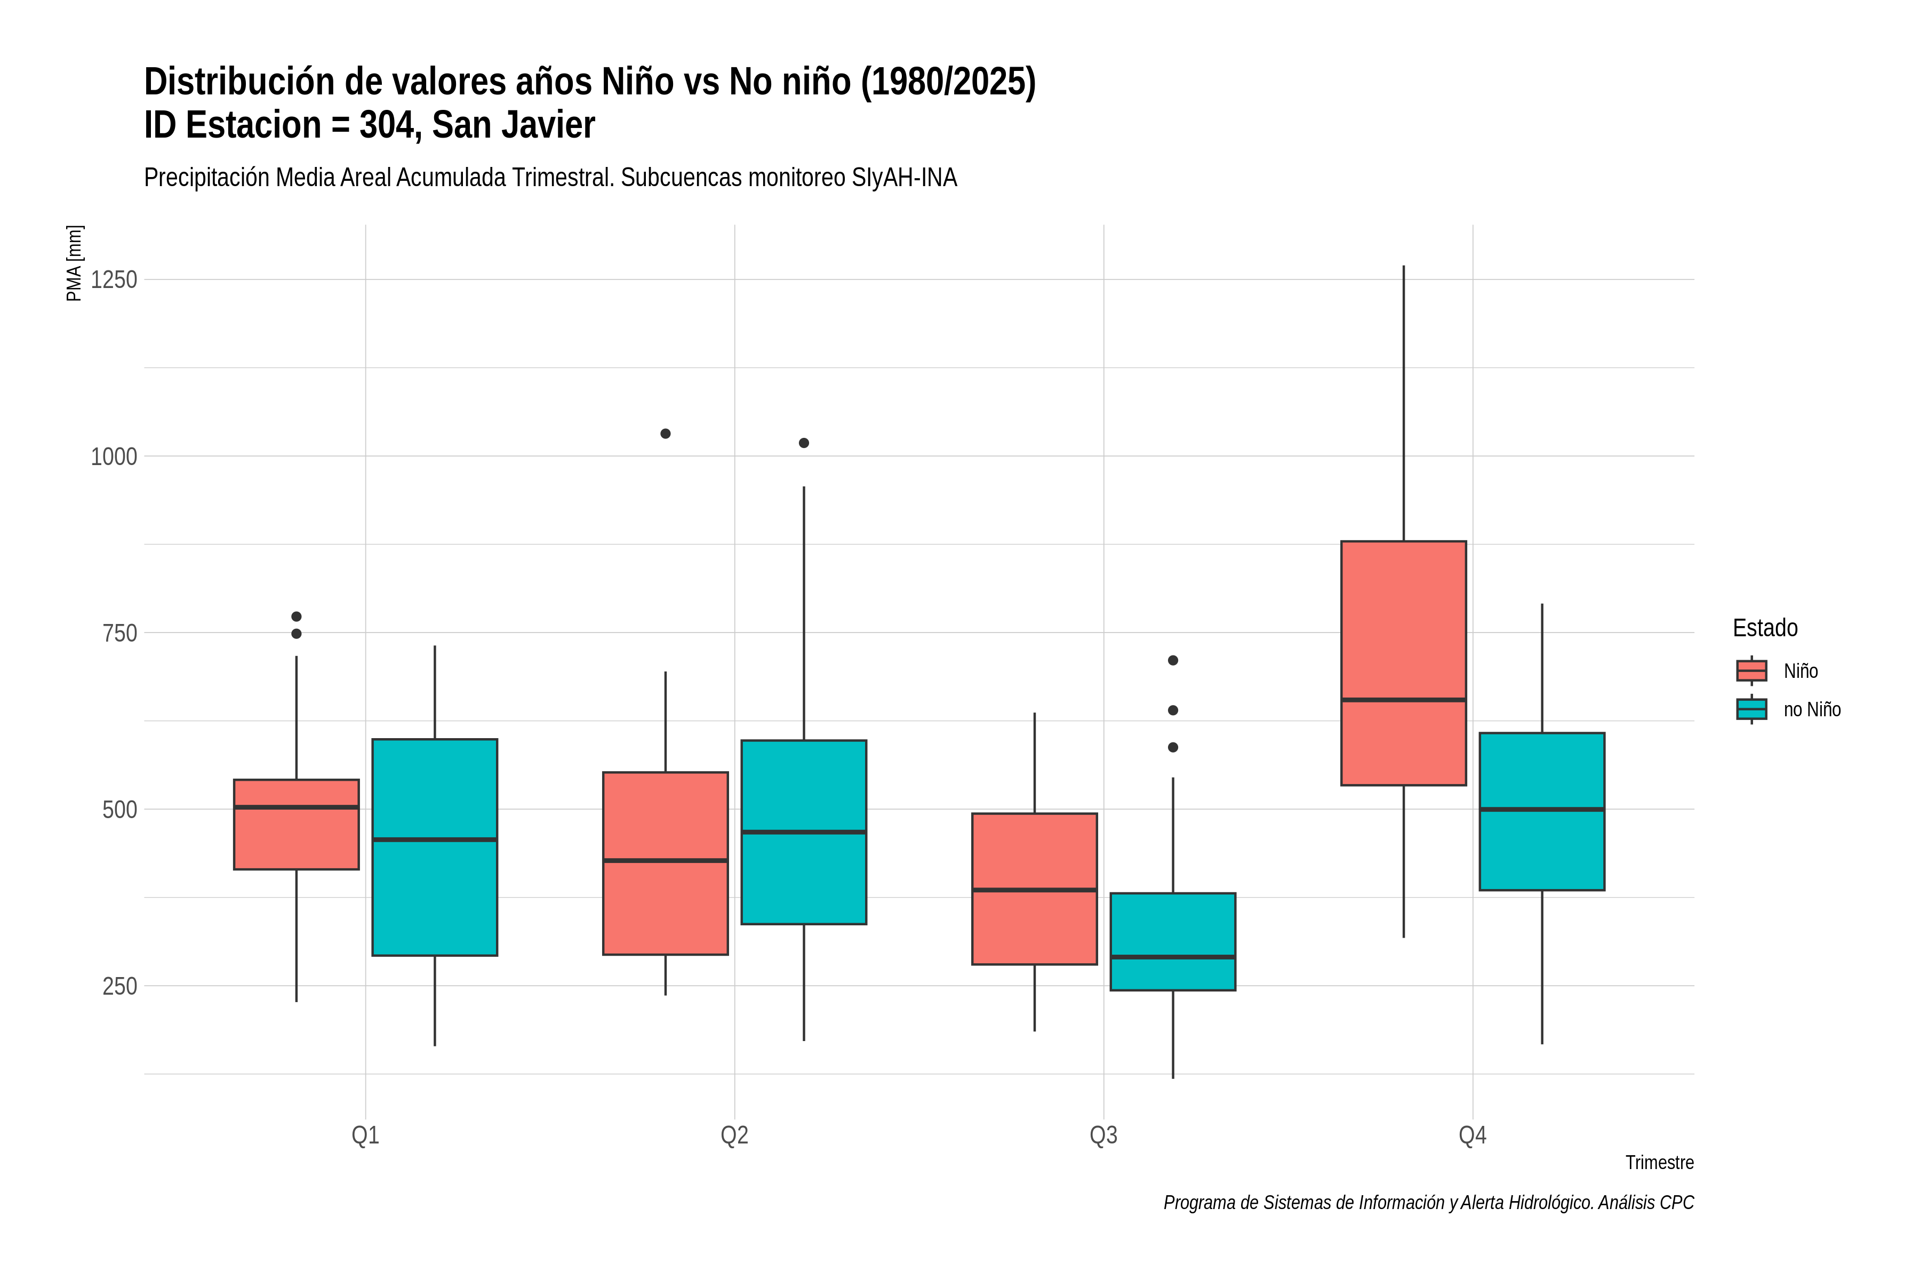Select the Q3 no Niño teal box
[x=1172, y=941]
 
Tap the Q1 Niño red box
[x=297, y=825]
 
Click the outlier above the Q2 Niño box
[x=665, y=434]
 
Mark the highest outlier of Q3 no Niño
[x=1172, y=660]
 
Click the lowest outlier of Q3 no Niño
[x=1172, y=747]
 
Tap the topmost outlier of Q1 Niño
[x=297, y=617]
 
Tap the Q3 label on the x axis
[x=1103, y=1135]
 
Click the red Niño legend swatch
[x=1751, y=671]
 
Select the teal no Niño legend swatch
[x=1751, y=709]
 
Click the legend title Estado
[x=1765, y=628]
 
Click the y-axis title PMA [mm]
[x=74, y=263]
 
